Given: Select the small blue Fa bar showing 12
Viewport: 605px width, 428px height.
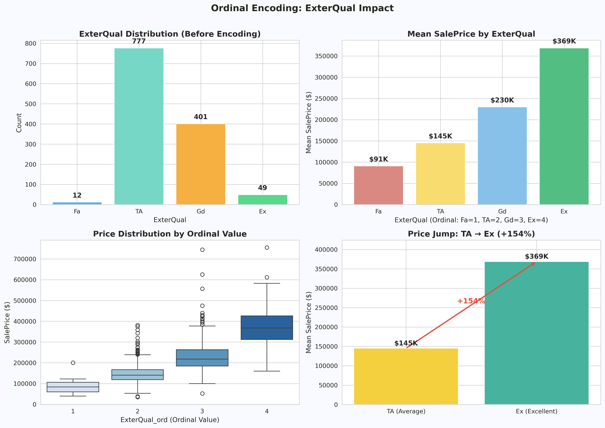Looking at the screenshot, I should tap(77, 203).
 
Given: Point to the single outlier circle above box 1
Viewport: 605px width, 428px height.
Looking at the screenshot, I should tap(73, 363).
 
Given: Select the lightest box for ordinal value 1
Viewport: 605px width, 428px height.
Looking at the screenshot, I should tap(73, 387).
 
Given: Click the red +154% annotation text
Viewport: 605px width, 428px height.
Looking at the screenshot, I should tap(471, 301).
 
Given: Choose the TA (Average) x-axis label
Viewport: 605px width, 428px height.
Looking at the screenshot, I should tap(406, 411).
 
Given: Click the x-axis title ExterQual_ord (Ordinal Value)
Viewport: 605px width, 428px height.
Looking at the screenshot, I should tap(170, 420).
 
